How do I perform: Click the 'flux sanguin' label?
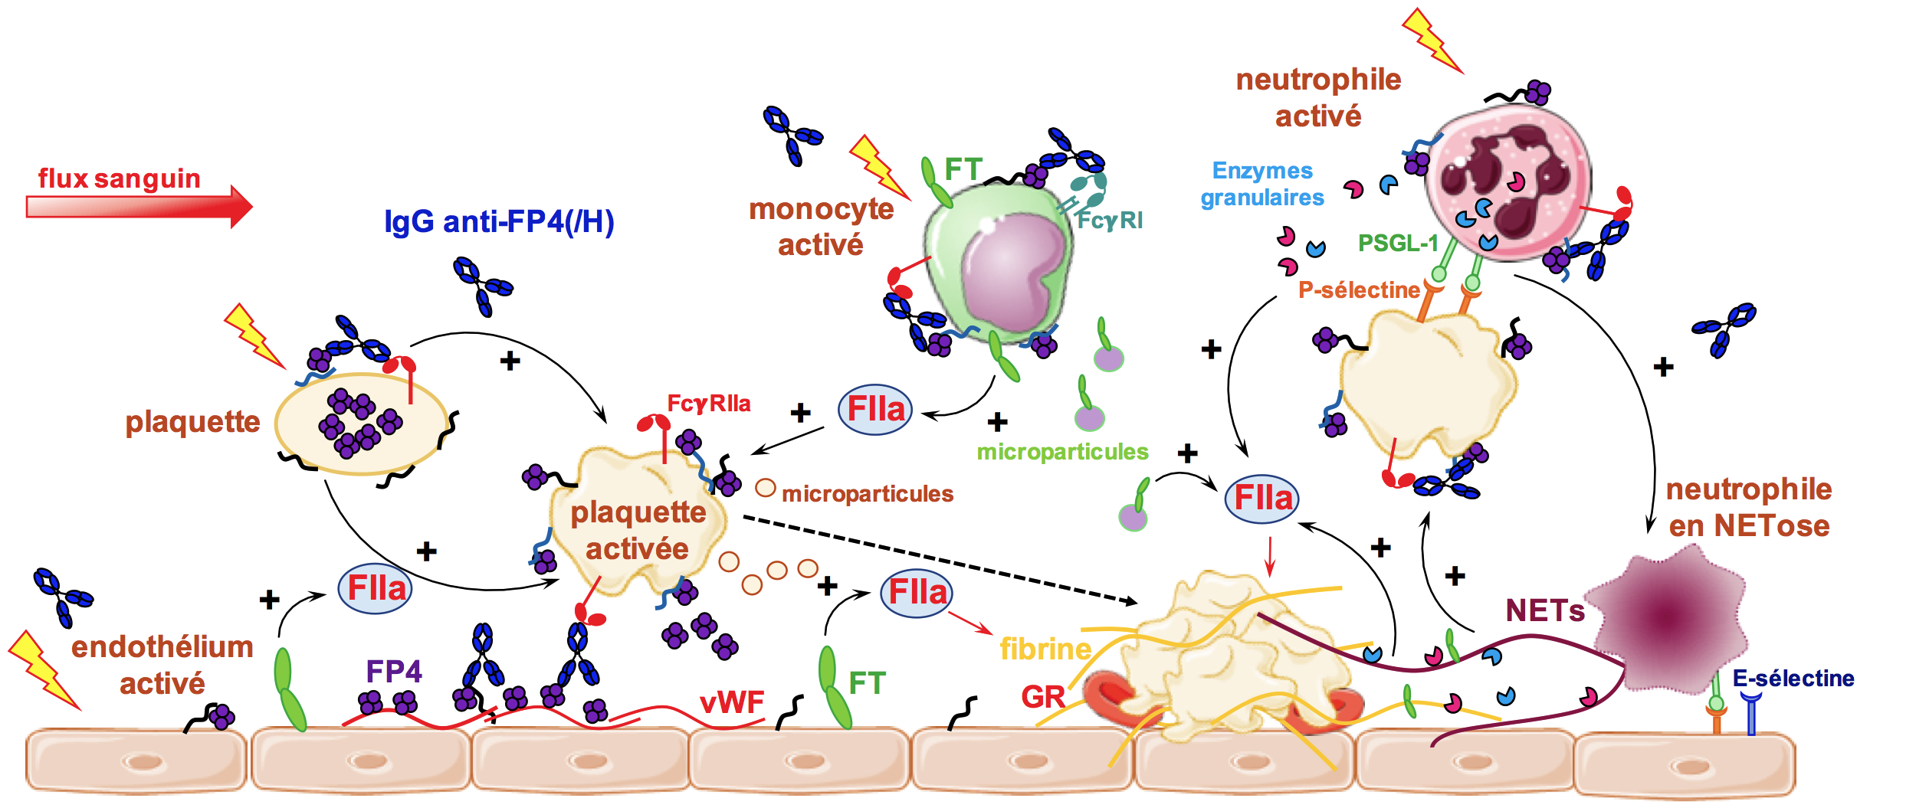coord(120,178)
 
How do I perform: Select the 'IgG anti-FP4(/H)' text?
coord(499,221)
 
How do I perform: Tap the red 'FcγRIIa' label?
coord(709,404)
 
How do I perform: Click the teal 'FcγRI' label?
coord(1110,221)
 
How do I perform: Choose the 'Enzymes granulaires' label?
coord(1262,184)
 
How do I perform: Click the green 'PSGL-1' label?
coord(1398,244)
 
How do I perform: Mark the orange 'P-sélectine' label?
coord(1359,290)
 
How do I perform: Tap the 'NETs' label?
coord(1545,610)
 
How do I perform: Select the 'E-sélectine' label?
coord(1793,678)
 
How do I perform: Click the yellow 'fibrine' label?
coord(1045,649)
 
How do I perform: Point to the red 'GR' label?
coord(1043,697)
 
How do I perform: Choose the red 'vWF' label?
coord(732,702)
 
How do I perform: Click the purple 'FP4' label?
coord(394,672)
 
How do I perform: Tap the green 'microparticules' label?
coord(1062,452)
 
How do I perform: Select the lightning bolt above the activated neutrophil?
coord(1432,41)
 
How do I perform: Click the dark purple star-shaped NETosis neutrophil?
coord(1667,617)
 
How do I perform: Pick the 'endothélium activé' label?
coord(162,665)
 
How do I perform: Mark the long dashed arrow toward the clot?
coord(940,561)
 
